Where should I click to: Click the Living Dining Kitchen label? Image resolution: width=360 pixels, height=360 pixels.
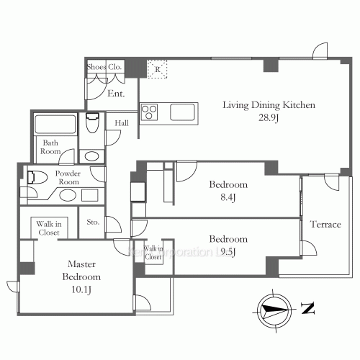tap(269, 105)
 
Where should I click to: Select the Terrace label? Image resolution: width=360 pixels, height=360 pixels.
tap(325, 225)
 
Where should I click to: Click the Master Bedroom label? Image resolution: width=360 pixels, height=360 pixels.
tap(80, 271)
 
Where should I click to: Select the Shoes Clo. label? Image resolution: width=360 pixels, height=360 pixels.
tap(105, 67)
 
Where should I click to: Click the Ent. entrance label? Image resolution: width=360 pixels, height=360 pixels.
tap(115, 94)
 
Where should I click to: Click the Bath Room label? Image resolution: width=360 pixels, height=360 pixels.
tap(50, 148)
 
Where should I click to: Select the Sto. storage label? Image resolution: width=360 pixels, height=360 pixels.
tap(93, 221)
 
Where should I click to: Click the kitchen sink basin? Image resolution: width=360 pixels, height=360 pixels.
tap(181, 112)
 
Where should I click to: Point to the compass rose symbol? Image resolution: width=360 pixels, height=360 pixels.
tap(273, 309)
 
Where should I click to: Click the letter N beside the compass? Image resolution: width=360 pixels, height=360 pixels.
tap(308, 310)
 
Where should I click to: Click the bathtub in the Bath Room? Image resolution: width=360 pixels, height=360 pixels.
tap(55, 125)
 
